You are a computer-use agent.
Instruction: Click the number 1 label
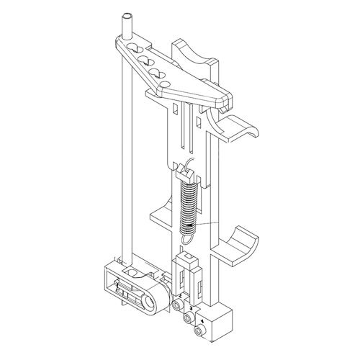tap(117, 287)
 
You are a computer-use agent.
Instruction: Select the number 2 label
tap(179, 295)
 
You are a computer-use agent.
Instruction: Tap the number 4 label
tap(202, 320)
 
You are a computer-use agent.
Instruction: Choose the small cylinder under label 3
tap(188, 318)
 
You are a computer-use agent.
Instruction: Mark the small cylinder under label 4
tap(201, 330)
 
